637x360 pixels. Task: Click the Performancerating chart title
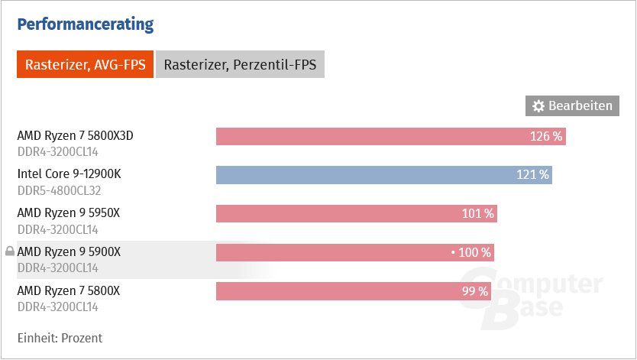[85, 25]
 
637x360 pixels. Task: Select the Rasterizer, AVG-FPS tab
[85, 65]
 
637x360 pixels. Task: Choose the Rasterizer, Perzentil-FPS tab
[240, 65]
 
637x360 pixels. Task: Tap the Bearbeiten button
[572, 106]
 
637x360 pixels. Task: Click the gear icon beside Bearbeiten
[538, 106]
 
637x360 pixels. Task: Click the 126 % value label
[546, 137]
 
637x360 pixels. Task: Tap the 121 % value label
[532, 175]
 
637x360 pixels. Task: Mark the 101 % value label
[478, 213]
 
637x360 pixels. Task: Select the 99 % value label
[474, 291]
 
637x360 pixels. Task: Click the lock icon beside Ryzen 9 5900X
[9, 251]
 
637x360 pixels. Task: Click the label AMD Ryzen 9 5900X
[69, 251]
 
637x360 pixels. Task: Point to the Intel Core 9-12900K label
[69, 174]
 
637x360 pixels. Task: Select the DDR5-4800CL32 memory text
[58, 190]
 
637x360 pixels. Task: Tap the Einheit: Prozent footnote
[60, 338]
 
